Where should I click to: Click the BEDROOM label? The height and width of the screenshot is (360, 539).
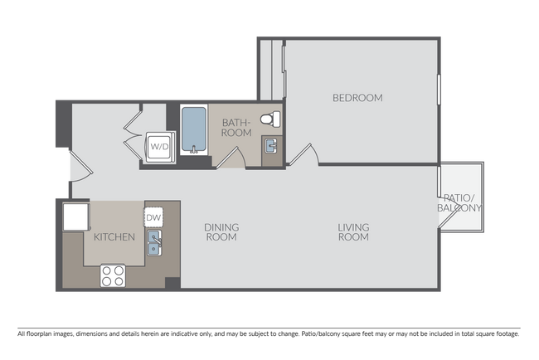357,98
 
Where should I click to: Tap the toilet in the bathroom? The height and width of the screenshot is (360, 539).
270,119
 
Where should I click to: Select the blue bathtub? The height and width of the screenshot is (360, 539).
194,129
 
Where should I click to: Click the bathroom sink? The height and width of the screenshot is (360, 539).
271,146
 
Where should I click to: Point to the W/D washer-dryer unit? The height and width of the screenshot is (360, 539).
160,147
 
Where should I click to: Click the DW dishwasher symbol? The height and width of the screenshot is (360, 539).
153,217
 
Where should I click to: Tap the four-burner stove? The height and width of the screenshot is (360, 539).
113,275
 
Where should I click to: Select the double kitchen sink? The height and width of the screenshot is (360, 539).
155,243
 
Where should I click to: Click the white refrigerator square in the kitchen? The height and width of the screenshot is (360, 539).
76,216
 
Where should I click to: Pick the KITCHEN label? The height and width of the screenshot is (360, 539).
114,237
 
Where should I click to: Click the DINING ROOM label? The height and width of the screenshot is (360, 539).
221,232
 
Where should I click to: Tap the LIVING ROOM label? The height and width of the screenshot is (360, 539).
353,232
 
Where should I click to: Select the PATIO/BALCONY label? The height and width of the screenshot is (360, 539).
459,203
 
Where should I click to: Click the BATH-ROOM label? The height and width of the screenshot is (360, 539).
236,128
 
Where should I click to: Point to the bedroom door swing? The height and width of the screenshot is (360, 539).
304,155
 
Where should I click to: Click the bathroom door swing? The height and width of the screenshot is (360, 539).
231,158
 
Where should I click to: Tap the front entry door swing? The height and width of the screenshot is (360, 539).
81,165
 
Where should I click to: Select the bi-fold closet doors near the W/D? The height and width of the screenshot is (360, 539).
133,135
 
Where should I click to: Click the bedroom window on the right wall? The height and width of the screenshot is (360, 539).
439,90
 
